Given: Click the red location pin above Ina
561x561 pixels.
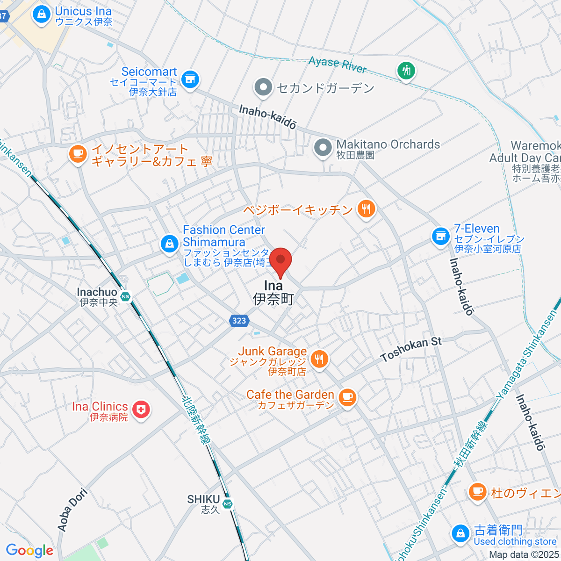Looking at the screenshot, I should (280, 259).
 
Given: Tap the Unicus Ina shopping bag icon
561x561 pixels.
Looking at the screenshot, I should (42, 14).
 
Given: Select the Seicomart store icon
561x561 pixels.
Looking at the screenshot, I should (190, 79).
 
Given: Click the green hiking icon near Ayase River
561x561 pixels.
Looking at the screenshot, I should (406, 71).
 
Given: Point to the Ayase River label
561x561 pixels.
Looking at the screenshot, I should (338, 65).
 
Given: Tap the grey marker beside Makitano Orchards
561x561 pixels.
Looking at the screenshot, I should (323, 148).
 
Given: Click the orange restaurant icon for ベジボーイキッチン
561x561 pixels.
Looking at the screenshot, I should (366, 209).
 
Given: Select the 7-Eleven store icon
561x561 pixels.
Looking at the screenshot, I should (440, 236).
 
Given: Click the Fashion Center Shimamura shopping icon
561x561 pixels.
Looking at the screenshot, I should (169, 243).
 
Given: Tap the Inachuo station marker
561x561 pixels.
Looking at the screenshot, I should (125, 296).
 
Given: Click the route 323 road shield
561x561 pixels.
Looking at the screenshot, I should (239, 320).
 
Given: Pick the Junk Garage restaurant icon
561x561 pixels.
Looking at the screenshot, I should (319, 359).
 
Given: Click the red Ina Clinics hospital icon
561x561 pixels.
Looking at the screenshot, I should (141, 410).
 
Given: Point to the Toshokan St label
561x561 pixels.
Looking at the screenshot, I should (411, 349).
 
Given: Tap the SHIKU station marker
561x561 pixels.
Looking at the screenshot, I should (227, 503).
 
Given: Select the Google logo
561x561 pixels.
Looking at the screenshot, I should (29, 550).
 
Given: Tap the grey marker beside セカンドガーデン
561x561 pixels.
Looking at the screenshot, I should (264, 87).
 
